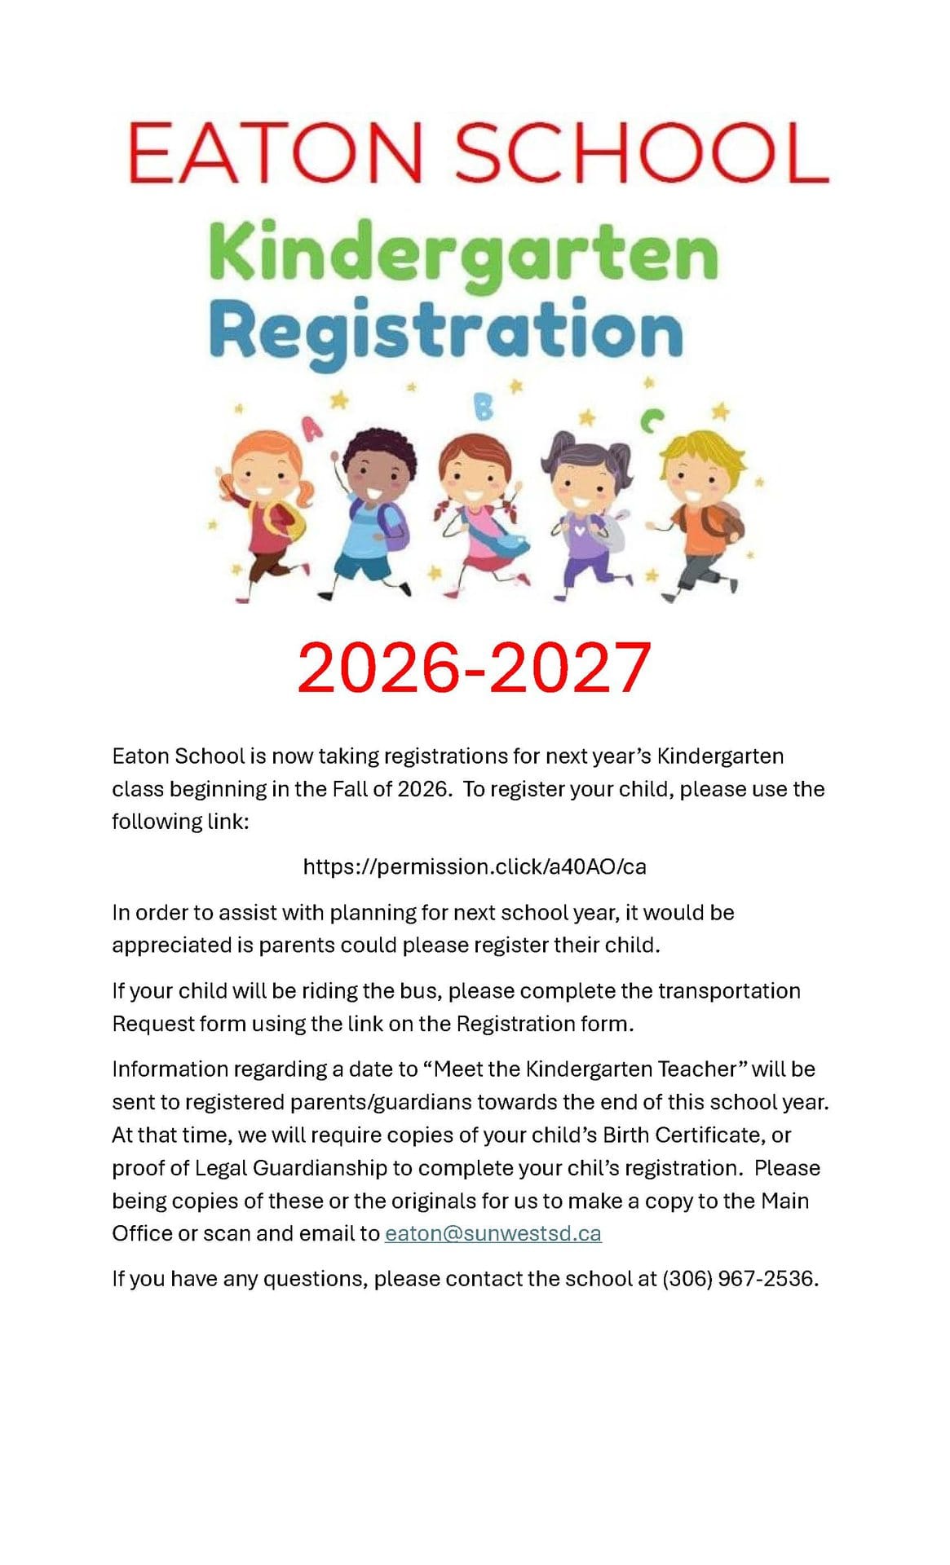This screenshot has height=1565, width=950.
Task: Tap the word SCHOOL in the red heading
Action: coord(641,153)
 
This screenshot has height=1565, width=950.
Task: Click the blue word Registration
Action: coord(446,331)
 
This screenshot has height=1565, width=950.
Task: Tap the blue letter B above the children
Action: coord(484,406)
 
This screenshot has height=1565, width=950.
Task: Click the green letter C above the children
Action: coord(651,421)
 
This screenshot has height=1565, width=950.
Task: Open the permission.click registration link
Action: coord(475,866)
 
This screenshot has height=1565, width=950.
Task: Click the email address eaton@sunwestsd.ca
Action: coord(493,1233)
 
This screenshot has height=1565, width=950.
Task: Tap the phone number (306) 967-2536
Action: coord(738,1278)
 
